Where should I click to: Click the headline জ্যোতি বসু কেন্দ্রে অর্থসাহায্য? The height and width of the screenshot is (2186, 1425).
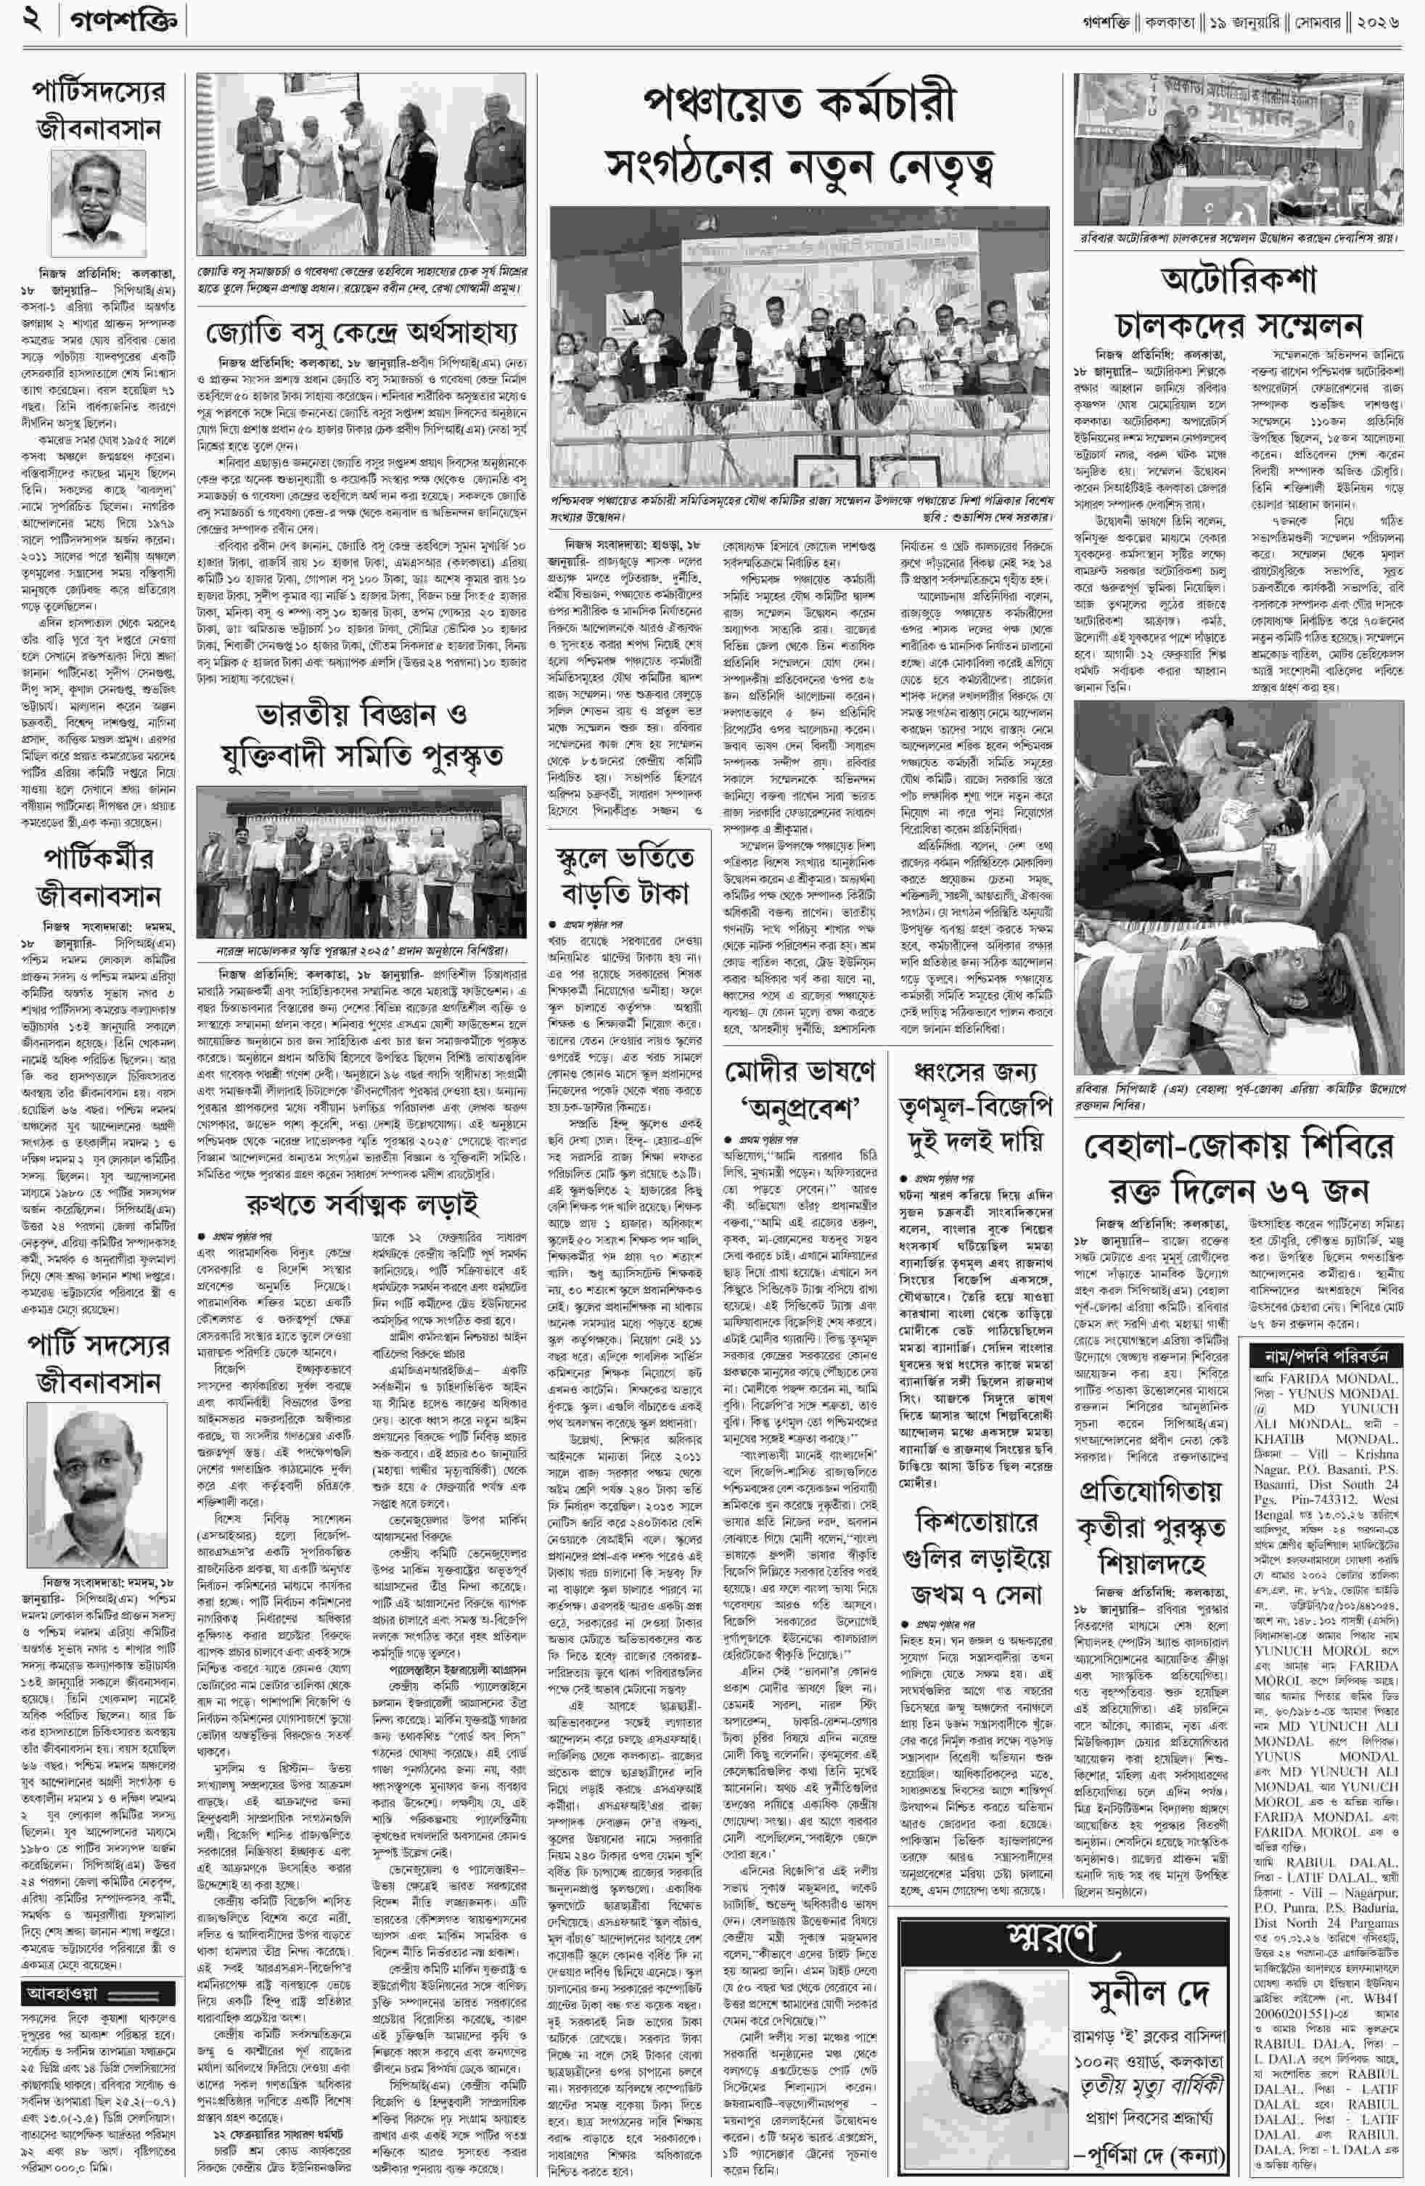361,331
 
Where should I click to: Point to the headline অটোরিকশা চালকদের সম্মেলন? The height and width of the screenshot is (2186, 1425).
1239,302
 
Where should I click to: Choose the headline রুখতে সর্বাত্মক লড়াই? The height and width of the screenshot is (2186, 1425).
361,1204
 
